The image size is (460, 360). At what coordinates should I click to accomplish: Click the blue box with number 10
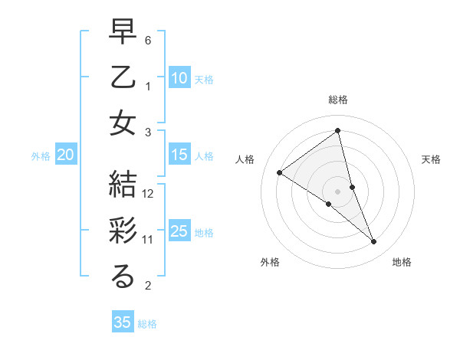[x=179, y=77]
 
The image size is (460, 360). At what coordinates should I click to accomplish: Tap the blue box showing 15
[x=179, y=155]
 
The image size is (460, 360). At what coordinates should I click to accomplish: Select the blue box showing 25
[x=179, y=231]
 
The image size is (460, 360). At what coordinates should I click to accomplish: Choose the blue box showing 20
[x=65, y=155]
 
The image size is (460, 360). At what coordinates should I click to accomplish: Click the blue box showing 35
[x=123, y=322]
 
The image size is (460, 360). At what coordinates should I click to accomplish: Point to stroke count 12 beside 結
[x=149, y=194]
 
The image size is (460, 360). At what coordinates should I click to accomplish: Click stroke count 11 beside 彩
[x=149, y=240]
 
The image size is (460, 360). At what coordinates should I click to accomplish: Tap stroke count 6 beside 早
[x=149, y=40]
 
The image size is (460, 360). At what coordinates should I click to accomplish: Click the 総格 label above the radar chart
[x=338, y=100]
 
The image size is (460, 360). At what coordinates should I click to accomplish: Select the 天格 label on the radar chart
[x=431, y=159]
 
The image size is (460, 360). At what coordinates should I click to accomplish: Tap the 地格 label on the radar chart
[x=402, y=262]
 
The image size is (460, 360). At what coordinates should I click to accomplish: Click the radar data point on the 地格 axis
[x=374, y=242]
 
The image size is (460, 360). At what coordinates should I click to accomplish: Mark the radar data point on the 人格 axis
[x=280, y=172]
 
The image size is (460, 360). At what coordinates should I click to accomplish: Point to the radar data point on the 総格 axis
[x=338, y=130]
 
